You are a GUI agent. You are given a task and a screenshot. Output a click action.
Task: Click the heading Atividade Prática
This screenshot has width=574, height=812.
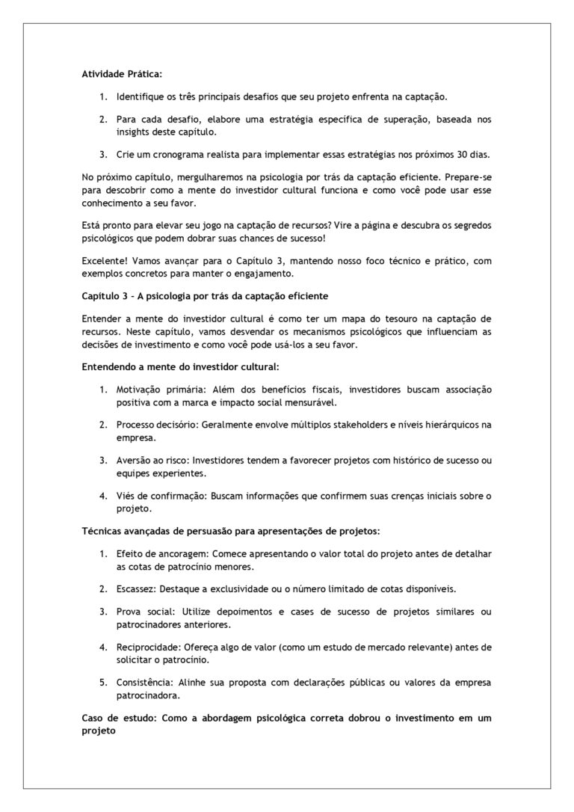point(121,74)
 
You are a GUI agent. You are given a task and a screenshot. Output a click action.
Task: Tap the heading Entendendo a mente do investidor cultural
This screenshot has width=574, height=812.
point(180,367)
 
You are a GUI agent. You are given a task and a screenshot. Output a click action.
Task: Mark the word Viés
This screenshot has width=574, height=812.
point(126,495)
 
